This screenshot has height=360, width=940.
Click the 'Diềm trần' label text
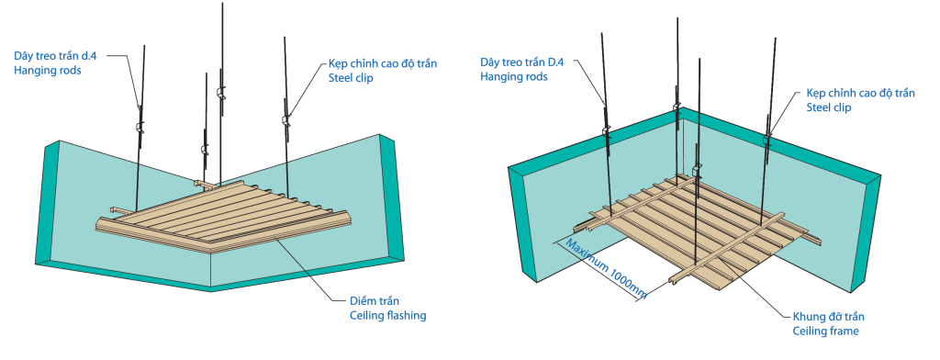pyautogui.click(x=375, y=300)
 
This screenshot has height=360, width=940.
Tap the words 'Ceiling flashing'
pyautogui.click(x=388, y=315)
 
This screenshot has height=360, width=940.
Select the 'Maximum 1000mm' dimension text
pyautogui.click(x=606, y=269)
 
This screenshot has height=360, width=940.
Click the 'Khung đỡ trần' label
pyautogui.click(x=829, y=316)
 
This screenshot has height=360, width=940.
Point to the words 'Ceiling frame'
pyautogui.click(x=825, y=331)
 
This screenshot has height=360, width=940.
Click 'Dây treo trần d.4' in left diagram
pyautogui.click(x=55, y=56)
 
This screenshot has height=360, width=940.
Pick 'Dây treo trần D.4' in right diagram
pyautogui.click(x=521, y=62)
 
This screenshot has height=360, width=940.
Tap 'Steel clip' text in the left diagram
pyautogui.click(x=351, y=78)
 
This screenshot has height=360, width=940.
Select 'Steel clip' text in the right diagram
pyautogui.click(x=829, y=107)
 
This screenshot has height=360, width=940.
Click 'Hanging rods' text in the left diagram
pyautogui.click(x=48, y=70)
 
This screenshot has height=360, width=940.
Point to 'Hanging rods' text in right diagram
pyautogui.click(x=513, y=77)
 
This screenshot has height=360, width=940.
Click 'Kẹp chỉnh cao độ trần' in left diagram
pyautogui.click(x=383, y=63)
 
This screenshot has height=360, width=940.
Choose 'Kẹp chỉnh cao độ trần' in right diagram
pyautogui.click(x=860, y=93)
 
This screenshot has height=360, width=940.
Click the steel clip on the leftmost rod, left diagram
pyautogui.click(x=140, y=128)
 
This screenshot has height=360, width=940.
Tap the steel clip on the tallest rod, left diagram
pyautogui.click(x=220, y=93)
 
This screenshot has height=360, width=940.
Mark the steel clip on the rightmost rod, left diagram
pyautogui.click(x=286, y=119)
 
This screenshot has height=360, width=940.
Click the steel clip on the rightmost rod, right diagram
pyautogui.click(x=767, y=140)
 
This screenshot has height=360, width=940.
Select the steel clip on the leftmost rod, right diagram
pyautogui.click(x=606, y=129)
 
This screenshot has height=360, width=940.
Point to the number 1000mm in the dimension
pyautogui.click(x=629, y=283)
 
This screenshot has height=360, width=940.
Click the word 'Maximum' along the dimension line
pyautogui.click(x=585, y=254)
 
